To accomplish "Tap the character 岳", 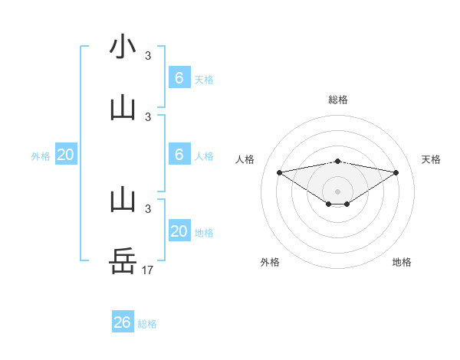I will [123, 261].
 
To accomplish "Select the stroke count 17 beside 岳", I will [148, 270].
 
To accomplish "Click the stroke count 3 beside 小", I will [148, 55].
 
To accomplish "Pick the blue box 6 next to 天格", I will [179, 77].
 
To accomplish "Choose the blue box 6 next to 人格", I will [179, 155].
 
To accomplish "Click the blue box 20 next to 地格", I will [179, 231].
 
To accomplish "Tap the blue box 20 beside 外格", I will [66, 155].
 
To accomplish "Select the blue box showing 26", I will [123, 322].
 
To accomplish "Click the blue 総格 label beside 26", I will [147, 324].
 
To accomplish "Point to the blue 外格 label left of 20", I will [41, 156].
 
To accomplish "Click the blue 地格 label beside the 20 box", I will [204, 233].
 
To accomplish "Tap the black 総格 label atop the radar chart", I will [337, 100].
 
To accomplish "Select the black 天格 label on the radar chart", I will [432, 159].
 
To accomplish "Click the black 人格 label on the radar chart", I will [245, 159].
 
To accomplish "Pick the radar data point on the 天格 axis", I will [396, 172].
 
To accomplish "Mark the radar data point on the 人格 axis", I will [279, 172].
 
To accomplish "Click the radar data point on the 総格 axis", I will [337, 161].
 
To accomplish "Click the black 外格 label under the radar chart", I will [270, 262].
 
